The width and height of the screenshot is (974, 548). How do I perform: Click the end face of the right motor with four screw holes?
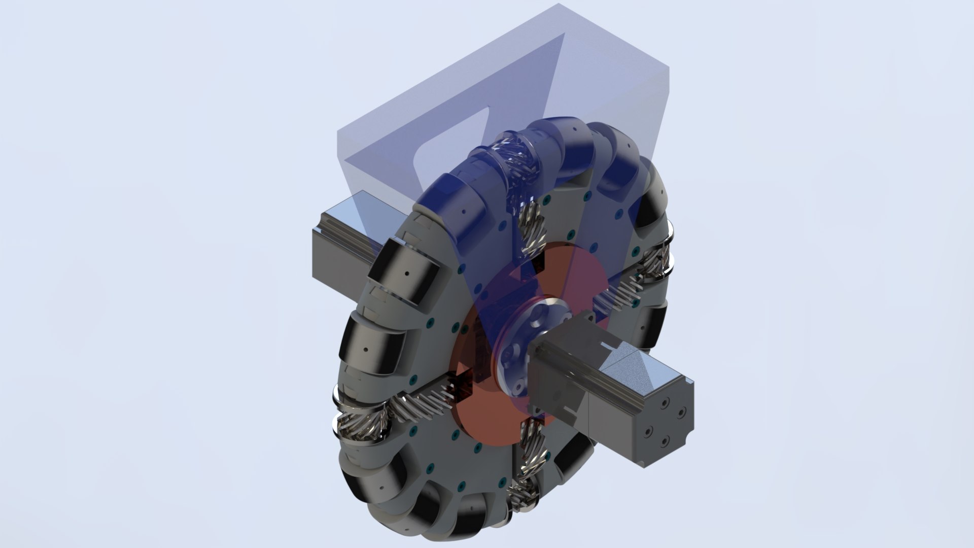pos(665,424)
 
